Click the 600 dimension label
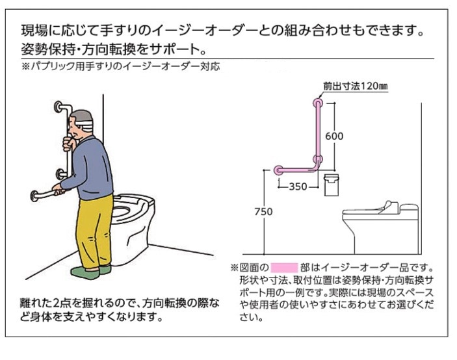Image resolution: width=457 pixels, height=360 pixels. [334, 136]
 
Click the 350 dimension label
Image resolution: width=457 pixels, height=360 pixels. [298, 186]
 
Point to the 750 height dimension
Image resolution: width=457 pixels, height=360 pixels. [263, 212]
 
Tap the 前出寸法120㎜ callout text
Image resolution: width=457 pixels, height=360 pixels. [356, 86]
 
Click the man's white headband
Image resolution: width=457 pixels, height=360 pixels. [85, 125]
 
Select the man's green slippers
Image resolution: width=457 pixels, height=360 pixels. [91, 271]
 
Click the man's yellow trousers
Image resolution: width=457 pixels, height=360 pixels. [94, 230]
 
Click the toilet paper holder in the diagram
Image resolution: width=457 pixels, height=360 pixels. [332, 185]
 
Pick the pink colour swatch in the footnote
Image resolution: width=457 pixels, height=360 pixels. [284, 267]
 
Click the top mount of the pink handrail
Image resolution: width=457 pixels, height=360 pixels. [317, 103]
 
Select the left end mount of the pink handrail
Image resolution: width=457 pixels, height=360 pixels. [278, 170]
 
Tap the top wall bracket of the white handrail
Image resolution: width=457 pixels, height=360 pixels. [59, 107]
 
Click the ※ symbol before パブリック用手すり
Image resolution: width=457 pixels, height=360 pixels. [25, 67]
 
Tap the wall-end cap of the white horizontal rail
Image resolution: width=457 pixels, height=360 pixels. [34, 196]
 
